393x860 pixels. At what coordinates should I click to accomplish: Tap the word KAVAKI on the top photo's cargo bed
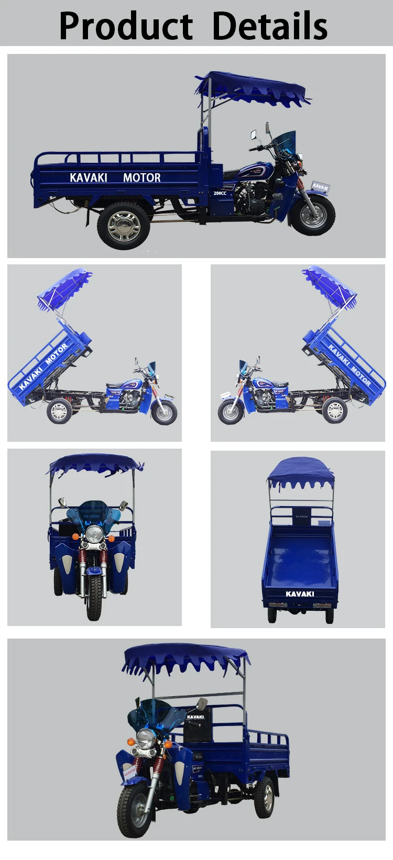coord(89,178)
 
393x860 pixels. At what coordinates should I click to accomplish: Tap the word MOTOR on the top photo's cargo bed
coord(141,178)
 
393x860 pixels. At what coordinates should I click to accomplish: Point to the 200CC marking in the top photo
coord(220,193)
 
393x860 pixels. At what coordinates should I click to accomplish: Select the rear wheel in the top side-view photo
coord(123,226)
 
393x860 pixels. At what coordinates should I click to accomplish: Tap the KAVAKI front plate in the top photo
coord(320,186)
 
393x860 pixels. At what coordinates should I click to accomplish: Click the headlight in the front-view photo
coord(94,534)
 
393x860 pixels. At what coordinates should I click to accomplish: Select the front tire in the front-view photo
coord(95,597)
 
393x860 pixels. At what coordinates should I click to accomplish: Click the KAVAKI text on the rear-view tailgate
coord(300,594)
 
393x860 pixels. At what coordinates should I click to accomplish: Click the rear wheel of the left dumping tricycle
coord(59,411)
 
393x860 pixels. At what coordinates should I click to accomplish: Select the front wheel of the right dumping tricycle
coord(231,411)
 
